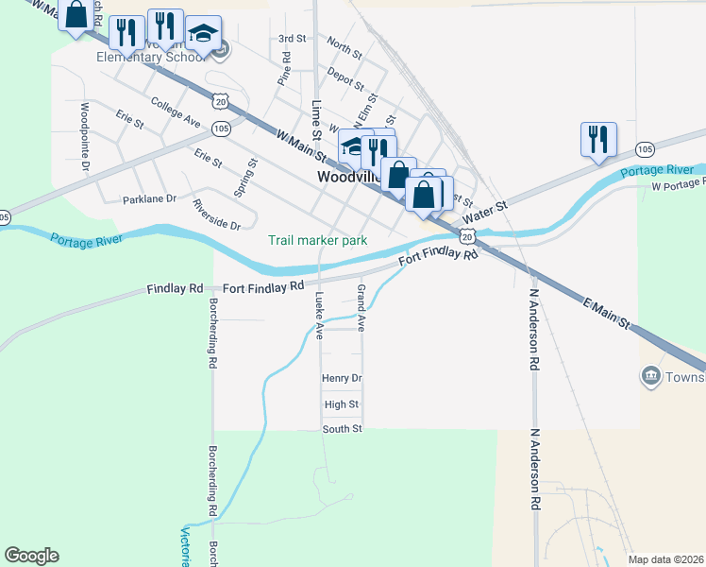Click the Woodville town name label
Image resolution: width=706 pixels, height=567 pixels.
pos(349,177)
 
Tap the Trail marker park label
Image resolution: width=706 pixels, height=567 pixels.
pos(317,241)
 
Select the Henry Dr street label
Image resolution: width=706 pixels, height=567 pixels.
pos(342,378)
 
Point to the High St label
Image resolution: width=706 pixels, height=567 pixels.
pos(342,404)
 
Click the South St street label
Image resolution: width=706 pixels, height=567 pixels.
pos(343,429)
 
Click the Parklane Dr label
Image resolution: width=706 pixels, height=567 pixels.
pos(149,199)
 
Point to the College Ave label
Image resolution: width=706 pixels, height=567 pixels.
pos(176,114)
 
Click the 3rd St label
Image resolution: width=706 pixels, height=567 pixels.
pos(293,39)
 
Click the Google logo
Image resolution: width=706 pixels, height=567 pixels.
pos(31,556)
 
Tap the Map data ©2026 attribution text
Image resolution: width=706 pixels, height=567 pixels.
pos(665,559)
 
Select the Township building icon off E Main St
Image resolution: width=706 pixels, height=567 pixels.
pos(651,377)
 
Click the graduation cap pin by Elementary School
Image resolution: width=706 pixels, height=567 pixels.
pos(203,35)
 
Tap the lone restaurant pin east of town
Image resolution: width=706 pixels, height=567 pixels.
pos(598,140)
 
